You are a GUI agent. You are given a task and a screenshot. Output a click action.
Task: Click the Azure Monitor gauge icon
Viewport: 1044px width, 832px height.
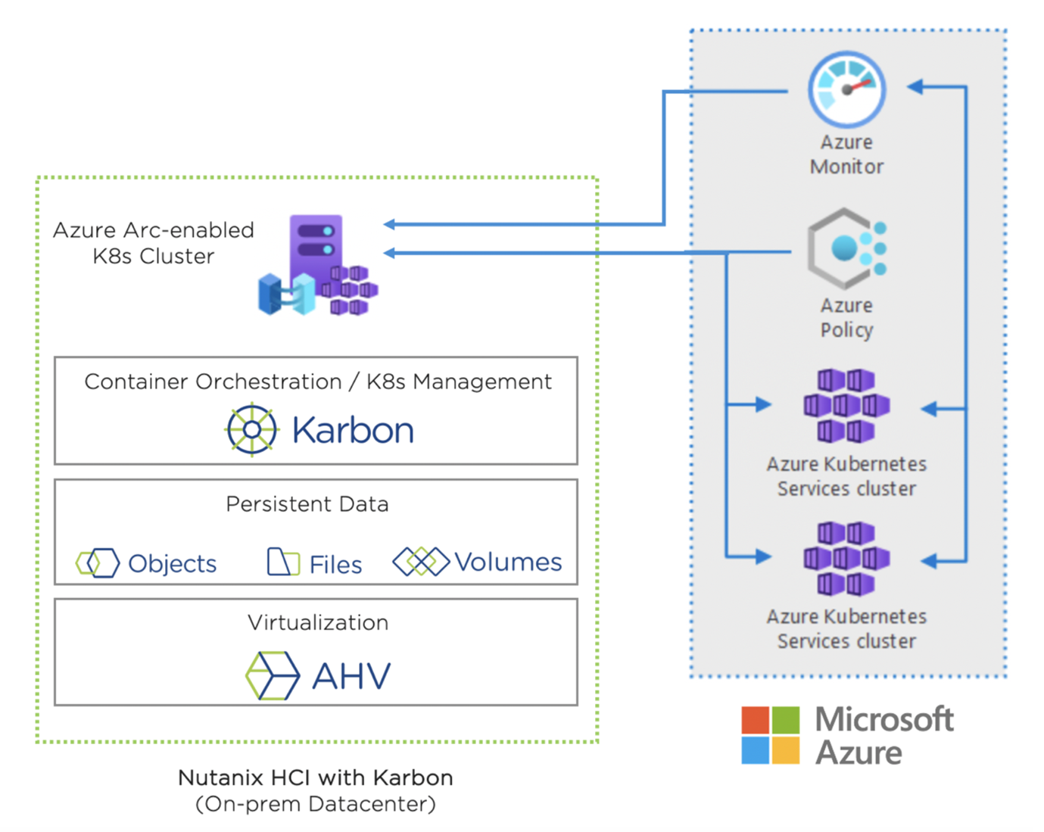coord(846,89)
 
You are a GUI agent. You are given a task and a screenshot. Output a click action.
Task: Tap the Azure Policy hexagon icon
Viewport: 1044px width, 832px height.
coord(846,248)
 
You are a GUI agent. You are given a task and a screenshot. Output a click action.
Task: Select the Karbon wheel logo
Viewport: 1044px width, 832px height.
coord(251,430)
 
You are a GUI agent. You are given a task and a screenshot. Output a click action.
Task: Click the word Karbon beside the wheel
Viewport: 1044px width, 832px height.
coord(353,431)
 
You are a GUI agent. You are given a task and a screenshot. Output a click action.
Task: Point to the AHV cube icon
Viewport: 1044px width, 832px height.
coord(273,675)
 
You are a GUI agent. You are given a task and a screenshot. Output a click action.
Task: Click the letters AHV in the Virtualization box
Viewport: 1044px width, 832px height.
coord(352,676)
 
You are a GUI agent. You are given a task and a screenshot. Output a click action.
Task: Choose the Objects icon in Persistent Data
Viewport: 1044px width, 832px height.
coord(98,563)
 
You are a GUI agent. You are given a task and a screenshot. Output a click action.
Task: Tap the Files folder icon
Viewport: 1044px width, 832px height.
coord(283,562)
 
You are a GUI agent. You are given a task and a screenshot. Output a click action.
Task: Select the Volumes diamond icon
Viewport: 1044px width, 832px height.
coord(421,562)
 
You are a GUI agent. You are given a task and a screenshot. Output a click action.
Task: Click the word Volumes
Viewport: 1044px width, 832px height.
coord(508,562)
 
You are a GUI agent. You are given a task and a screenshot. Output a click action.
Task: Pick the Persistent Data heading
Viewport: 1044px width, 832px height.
coord(307,504)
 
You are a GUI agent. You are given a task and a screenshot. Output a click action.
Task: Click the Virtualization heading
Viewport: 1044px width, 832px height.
coord(318,623)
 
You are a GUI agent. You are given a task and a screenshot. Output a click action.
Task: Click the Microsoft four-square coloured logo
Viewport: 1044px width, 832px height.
coord(771,735)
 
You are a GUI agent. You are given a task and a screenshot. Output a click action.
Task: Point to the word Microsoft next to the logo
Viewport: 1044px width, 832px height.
coord(884,719)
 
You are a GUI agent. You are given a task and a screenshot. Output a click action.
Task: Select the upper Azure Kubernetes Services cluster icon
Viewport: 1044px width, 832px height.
coord(846,406)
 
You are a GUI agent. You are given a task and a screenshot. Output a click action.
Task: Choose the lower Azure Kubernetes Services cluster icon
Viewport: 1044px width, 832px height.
coord(846,559)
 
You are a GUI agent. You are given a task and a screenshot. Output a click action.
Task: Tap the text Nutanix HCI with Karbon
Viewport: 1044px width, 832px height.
coord(316,777)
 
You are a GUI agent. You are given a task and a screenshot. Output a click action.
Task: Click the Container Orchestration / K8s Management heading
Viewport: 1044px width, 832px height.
coord(318,382)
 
